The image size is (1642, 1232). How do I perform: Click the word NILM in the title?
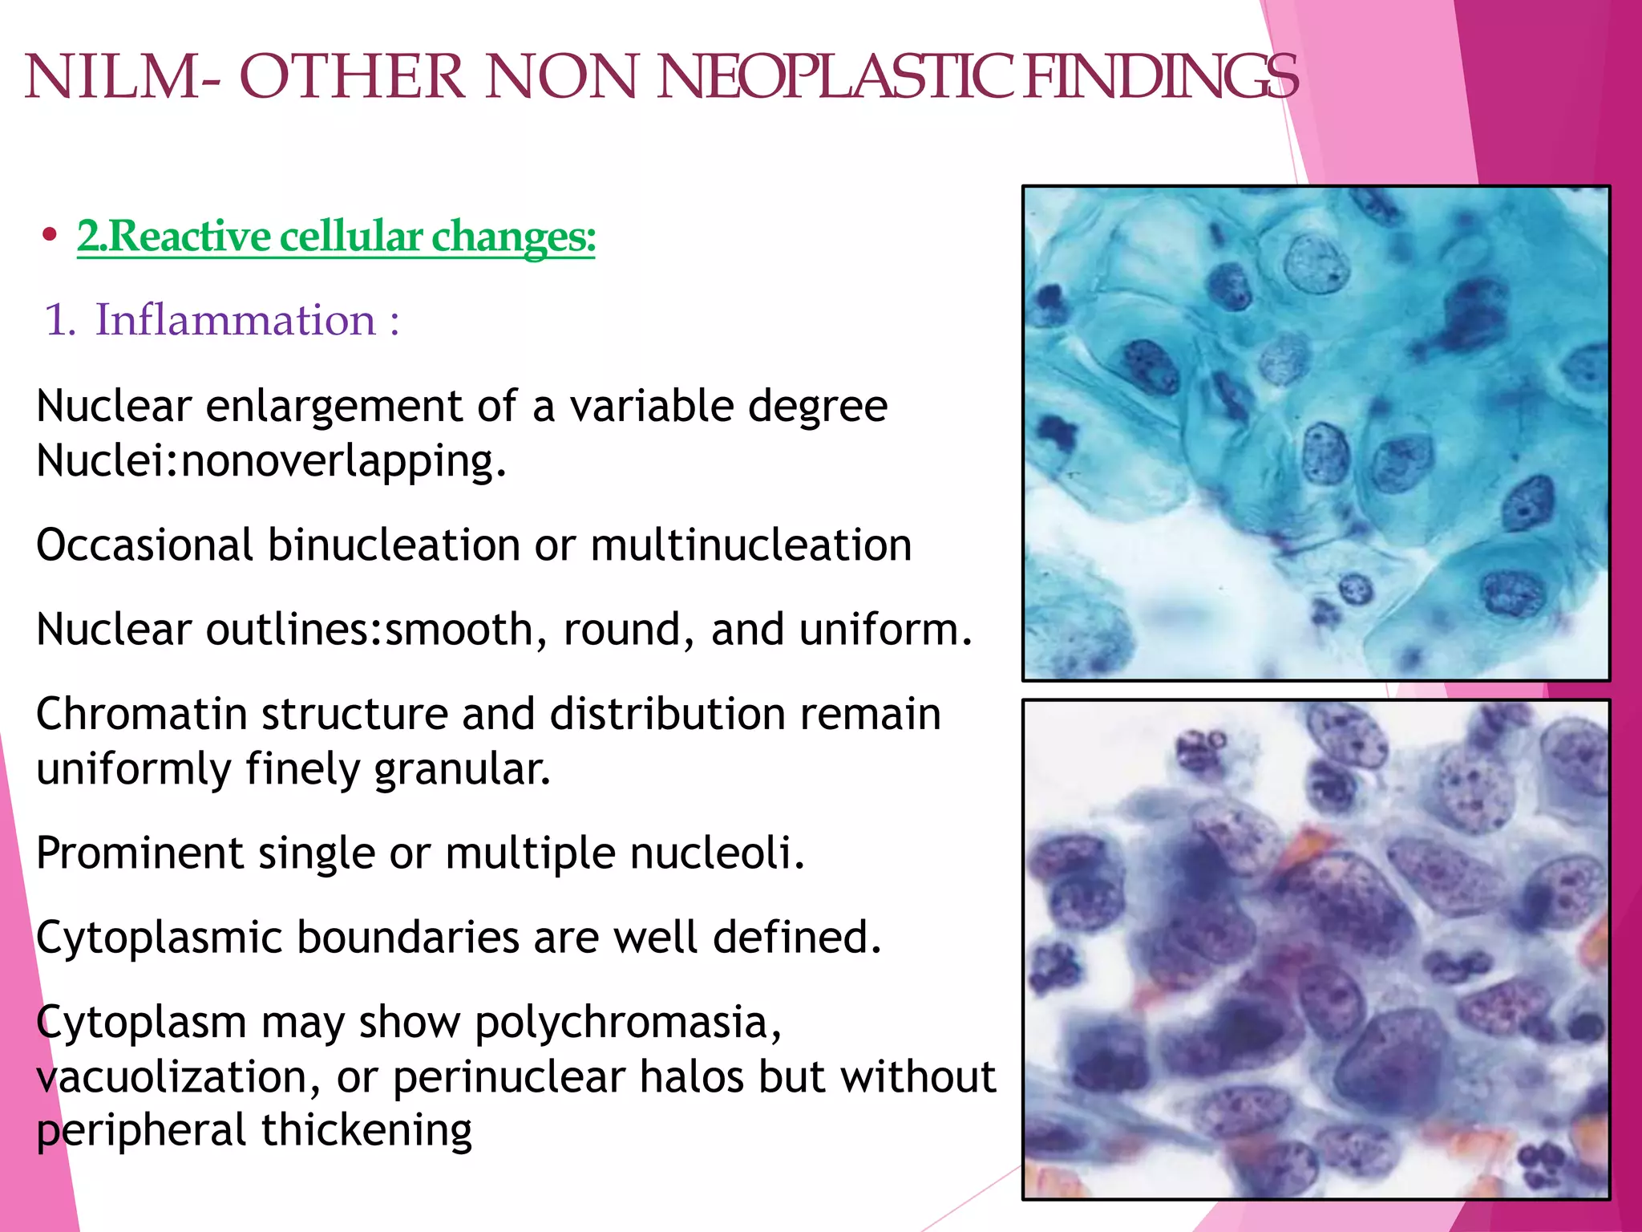[x=112, y=78]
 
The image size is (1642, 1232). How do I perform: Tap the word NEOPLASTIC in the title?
[x=835, y=78]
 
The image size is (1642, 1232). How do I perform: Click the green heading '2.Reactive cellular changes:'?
[x=336, y=237]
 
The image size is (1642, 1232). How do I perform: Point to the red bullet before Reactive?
[x=51, y=235]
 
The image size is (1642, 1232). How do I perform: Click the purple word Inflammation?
[x=235, y=320]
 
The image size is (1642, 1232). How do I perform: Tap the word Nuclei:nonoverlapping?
[x=271, y=461]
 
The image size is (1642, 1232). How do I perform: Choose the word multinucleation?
[x=751, y=545]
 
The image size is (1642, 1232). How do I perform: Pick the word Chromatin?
[x=141, y=714]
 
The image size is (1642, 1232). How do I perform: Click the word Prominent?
[x=140, y=853]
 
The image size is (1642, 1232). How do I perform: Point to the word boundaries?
[x=408, y=937]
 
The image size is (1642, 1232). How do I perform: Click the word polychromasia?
[x=628, y=1023]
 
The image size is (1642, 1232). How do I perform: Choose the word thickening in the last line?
[x=366, y=1131]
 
